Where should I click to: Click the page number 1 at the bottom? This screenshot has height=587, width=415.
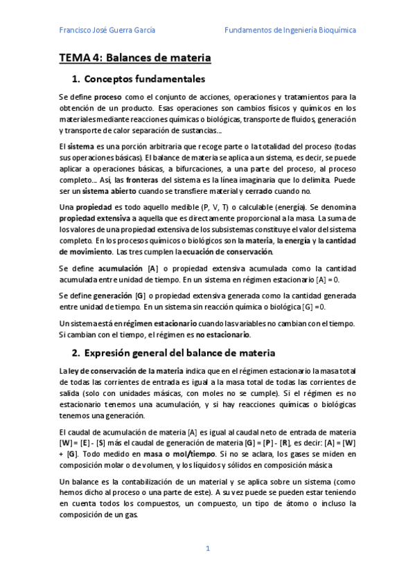coord(207,548)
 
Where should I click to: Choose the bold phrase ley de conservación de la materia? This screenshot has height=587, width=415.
coord(114,372)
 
